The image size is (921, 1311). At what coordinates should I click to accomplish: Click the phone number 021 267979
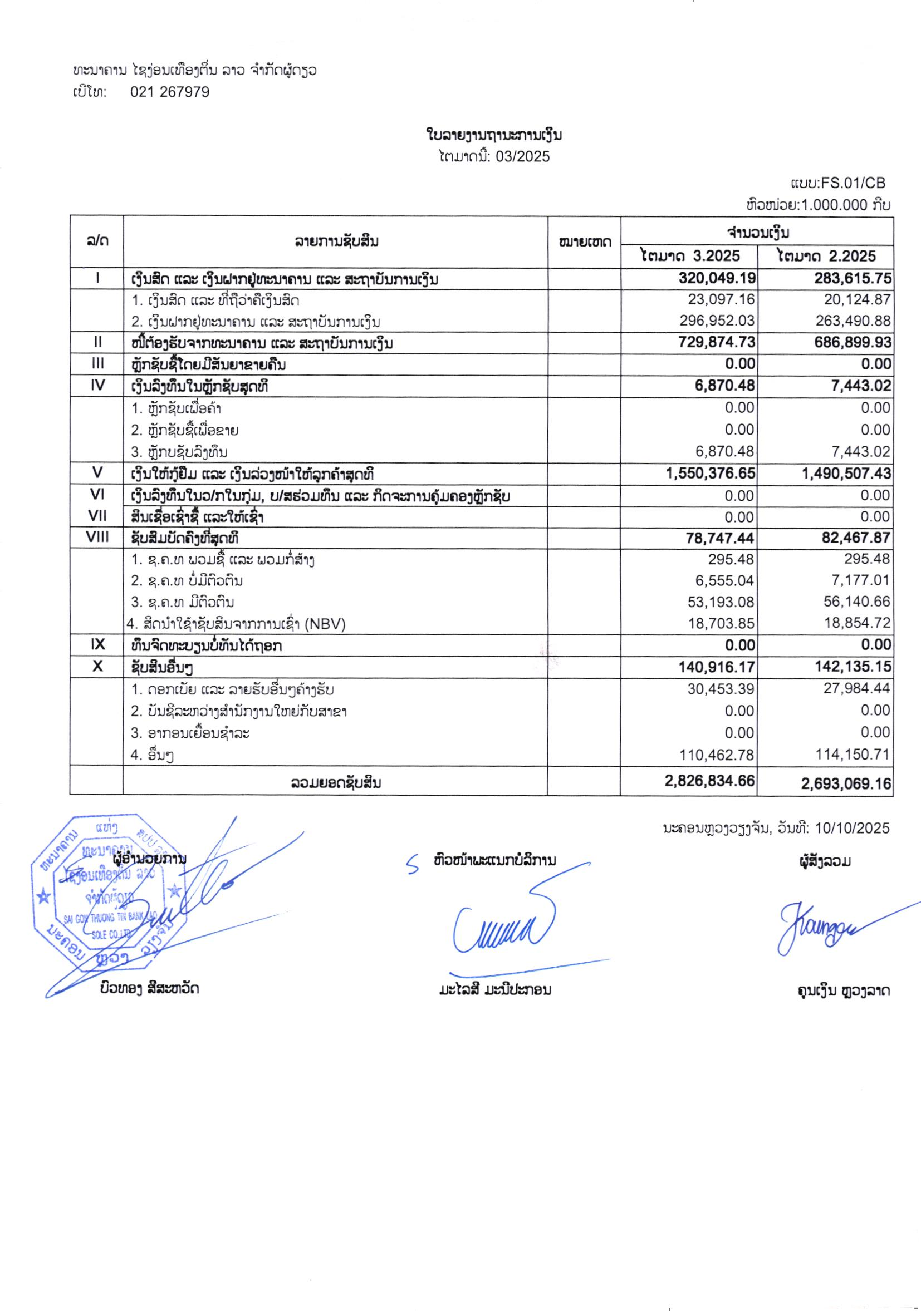170,92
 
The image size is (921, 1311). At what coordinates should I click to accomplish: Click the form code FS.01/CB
853,183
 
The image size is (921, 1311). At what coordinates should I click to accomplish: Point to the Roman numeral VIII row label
97,537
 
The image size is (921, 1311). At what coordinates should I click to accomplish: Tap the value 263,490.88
855,321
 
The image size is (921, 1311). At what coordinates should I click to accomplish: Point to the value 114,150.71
855,755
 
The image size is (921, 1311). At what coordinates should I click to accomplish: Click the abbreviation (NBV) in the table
325,624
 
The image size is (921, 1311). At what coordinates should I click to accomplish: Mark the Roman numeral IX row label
97,645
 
